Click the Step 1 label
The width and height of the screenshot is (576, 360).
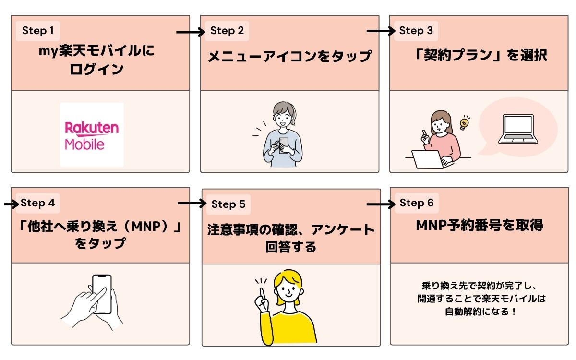tap(38, 31)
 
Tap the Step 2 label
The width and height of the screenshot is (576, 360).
tap(227, 31)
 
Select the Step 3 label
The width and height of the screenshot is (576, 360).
tap(416, 31)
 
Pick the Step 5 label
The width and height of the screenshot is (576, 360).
tap(228, 204)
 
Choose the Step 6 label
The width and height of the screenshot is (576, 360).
tap(416, 203)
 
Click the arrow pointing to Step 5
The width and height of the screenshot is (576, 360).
tap(192, 204)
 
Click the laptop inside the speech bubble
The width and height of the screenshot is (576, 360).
tap(518, 129)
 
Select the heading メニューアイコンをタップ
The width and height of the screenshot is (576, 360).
tap(290, 57)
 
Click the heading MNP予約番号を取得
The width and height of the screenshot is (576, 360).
tap(479, 226)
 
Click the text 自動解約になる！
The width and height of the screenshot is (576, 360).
tap(481, 312)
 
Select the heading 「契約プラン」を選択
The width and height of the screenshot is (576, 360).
tap(480, 56)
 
